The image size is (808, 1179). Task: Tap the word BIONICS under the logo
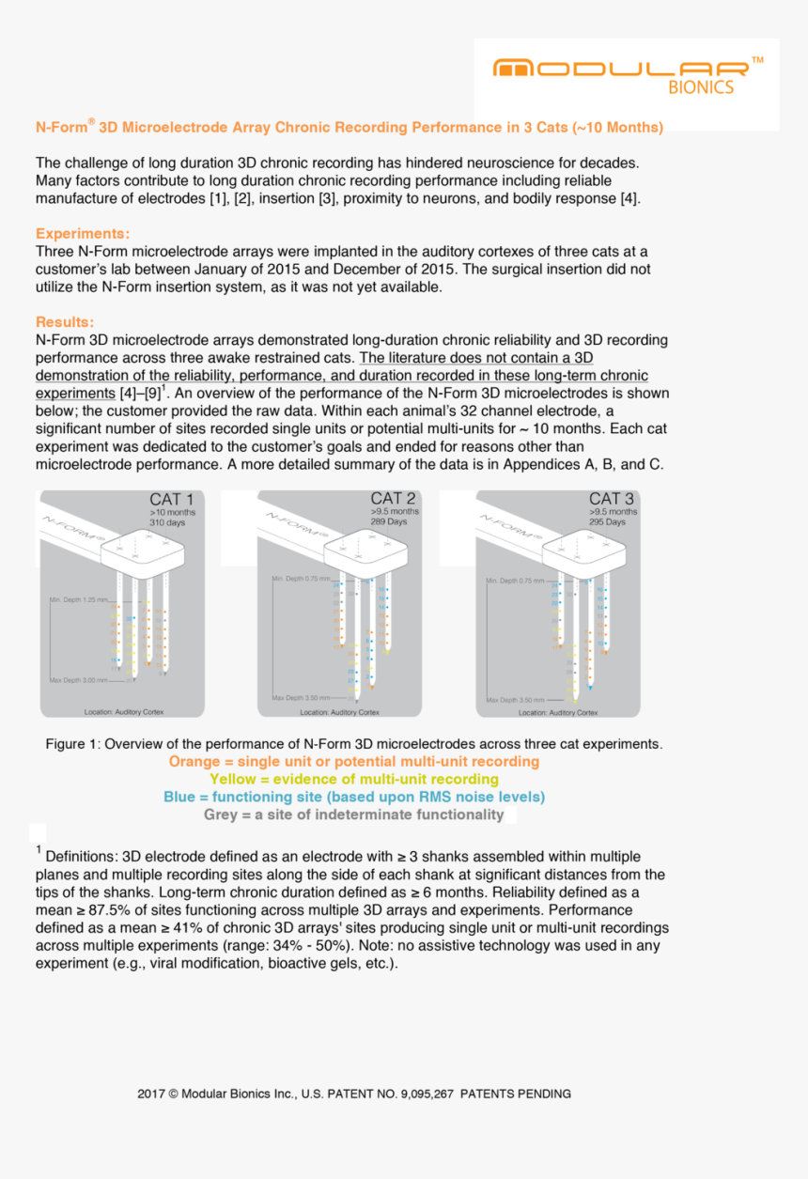click(x=701, y=87)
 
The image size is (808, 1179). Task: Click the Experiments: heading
click(x=83, y=234)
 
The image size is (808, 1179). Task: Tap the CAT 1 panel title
click(x=172, y=499)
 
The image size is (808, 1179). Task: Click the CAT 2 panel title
click(x=393, y=498)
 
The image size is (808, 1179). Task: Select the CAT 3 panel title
click(x=612, y=499)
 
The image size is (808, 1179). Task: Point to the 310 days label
click(x=167, y=522)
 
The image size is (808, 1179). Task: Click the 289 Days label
click(x=389, y=521)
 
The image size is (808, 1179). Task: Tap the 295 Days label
click(x=607, y=521)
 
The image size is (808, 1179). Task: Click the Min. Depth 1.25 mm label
click(x=80, y=598)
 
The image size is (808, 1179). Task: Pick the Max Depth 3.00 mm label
click(x=80, y=678)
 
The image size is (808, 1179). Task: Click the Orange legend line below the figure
click(x=354, y=762)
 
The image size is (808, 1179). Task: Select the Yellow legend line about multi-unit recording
click(x=354, y=779)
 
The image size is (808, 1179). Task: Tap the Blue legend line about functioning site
click(x=354, y=797)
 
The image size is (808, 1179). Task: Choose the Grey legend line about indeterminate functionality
click(x=354, y=814)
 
